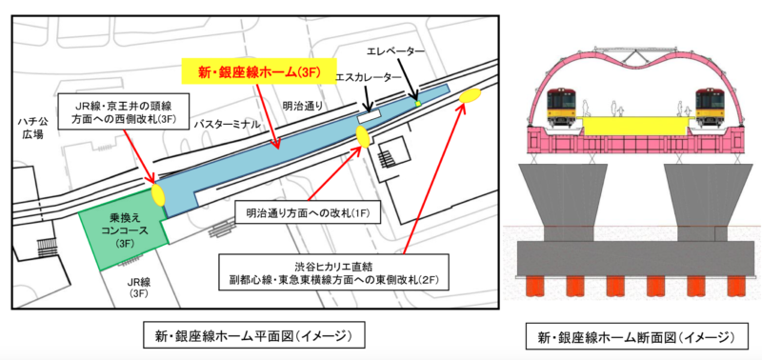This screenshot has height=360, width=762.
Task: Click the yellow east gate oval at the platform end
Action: (469, 96)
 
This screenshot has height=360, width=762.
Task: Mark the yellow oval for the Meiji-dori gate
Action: (363, 135)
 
